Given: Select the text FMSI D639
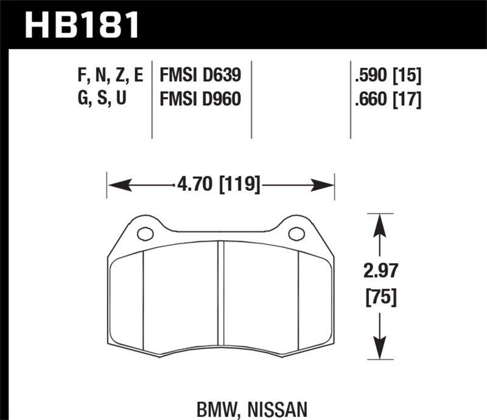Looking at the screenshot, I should pyautogui.click(x=200, y=76).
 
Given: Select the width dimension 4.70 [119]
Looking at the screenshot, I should pyautogui.click(x=221, y=184).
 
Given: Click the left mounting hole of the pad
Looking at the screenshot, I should pyautogui.click(x=144, y=233).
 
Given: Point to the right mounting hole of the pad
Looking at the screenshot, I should pyautogui.click(x=296, y=233).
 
